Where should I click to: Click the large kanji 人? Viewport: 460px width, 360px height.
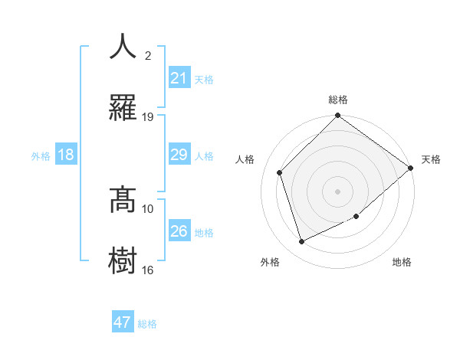pyautogui.click(x=123, y=47)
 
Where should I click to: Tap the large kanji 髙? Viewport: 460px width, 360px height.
pyautogui.click(x=123, y=200)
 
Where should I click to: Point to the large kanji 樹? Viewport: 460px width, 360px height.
pyautogui.click(x=123, y=260)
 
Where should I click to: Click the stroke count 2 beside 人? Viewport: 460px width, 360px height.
pyautogui.click(x=148, y=56)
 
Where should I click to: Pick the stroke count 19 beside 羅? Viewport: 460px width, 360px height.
pyautogui.click(x=148, y=116)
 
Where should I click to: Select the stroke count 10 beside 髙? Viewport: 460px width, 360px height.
pyautogui.click(x=148, y=208)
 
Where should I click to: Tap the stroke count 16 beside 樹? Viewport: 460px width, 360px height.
pyautogui.click(x=148, y=270)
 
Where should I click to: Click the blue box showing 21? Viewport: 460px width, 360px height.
pyautogui.click(x=179, y=78)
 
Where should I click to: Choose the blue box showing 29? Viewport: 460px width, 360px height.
pyautogui.click(x=179, y=155)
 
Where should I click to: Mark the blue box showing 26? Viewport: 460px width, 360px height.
pyautogui.click(x=179, y=231)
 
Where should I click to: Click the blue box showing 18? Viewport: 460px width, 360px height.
pyautogui.click(x=66, y=155)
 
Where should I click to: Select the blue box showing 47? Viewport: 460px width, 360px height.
pyautogui.click(x=123, y=322)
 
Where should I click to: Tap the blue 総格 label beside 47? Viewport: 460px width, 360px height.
pyautogui.click(x=147, y=324)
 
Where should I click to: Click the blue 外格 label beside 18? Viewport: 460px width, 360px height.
pyautogui.click(x=41, y=156)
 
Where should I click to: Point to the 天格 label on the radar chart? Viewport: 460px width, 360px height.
pyautogui.click(x=431, y=159)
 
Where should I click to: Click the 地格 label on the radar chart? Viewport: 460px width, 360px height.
pyautogui.click(x=402, y=262)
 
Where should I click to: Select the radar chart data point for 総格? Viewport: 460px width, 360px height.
pyautogui.click(x=337, y=116)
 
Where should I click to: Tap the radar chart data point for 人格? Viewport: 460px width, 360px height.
pyautogui.click(x=280, y=172)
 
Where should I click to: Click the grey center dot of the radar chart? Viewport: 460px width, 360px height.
pyautogui.click(x=337, y=191)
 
